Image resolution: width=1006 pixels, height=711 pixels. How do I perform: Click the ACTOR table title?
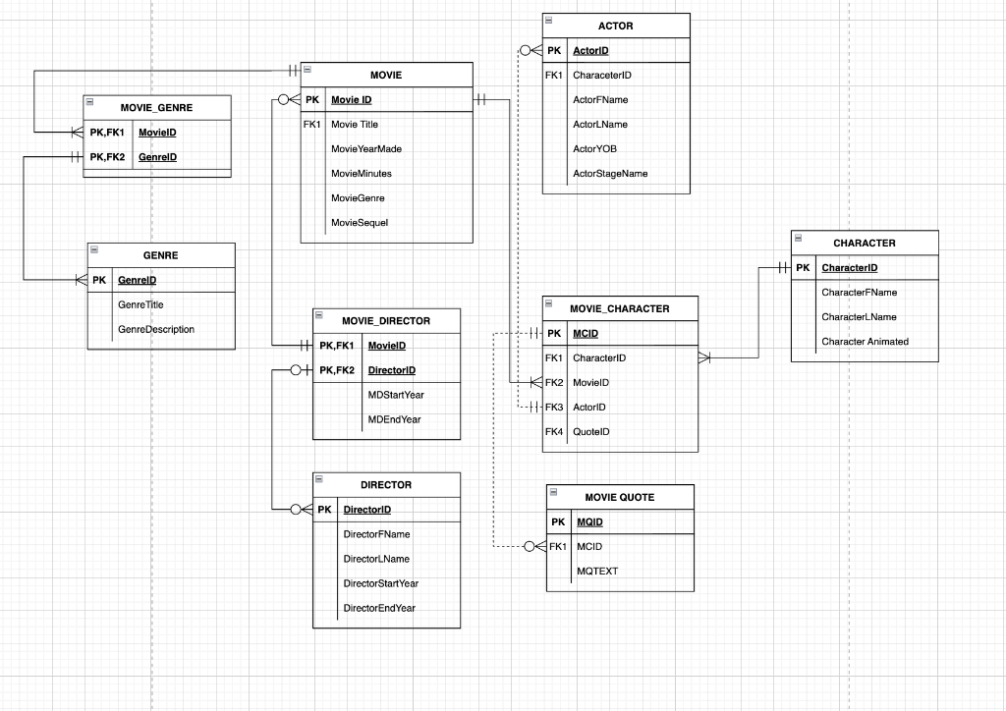(x=615, y=26)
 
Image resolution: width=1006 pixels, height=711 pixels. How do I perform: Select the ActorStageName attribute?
(x=610, y=174)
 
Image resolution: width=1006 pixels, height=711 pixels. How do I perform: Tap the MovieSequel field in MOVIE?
(x=360, y=223)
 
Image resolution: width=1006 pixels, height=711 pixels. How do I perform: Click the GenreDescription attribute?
(x=156, y=330)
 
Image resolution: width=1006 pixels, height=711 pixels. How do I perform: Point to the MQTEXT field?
(x=597, y=571)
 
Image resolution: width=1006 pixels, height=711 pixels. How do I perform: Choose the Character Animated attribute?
(x=865, y=342)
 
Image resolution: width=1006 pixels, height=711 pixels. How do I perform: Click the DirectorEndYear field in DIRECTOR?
(x=379, y=608)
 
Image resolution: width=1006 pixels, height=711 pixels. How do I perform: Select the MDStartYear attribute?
(x=396, y=395)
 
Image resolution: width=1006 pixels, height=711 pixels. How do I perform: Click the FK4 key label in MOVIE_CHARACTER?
(x=554, y=431)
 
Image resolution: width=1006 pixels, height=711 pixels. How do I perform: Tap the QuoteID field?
(x=591, y=431)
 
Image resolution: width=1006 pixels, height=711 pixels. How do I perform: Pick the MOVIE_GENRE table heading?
(x=156, y=107)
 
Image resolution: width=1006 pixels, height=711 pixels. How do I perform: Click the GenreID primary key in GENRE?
(x=138, y=280)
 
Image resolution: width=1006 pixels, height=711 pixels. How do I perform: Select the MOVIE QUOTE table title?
(x=619, y=497)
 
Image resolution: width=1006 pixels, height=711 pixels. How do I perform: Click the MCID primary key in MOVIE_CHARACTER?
(x=586, y=333)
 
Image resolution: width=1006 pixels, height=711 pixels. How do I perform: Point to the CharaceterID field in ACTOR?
(x=602, y=76)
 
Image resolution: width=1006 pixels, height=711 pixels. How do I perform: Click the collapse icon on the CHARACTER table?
(x=798, y=238)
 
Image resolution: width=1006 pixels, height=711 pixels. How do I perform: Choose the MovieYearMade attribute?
(x=366, y=149)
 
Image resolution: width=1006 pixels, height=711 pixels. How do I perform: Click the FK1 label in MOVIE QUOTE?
(x=558, y=546)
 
